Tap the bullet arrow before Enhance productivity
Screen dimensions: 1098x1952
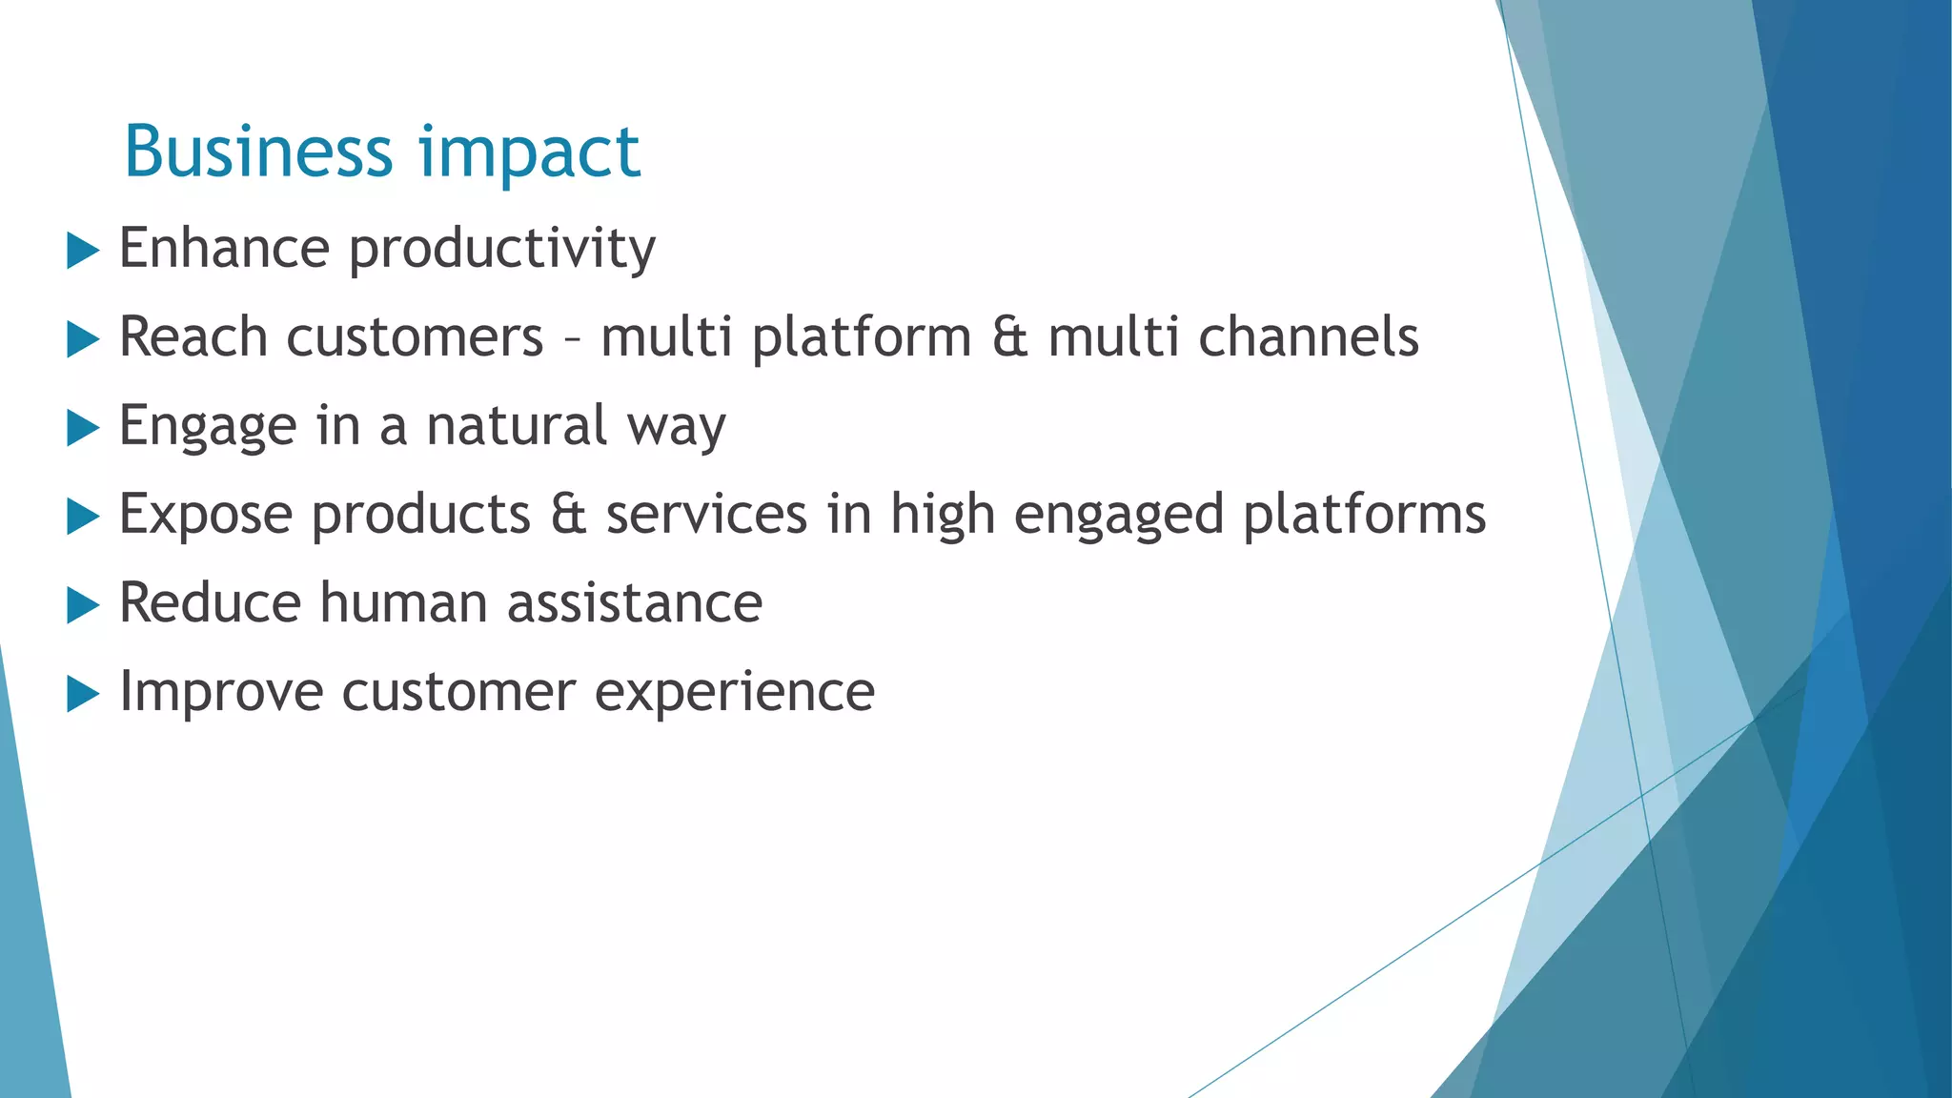(x=83, y=252)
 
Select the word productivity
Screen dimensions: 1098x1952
(x=502, y=250)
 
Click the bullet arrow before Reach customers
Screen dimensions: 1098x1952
(x=83, y=339)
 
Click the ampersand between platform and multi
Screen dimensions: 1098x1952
(x=1009, y=337)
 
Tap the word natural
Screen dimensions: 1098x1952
(x=516, y=426)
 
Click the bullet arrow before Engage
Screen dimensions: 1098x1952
(x=83, y=428)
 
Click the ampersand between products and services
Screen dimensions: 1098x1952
(x=568, y=515)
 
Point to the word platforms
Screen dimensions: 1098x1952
(x=1364, y=517)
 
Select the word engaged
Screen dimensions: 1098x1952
(x=1118, y=517)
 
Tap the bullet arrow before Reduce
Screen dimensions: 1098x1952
(x=83, y=605)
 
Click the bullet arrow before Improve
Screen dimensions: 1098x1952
(x=83, y=694)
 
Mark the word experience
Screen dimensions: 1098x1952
(x=734, y=694)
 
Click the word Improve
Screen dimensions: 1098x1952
(x=221, y=694)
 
